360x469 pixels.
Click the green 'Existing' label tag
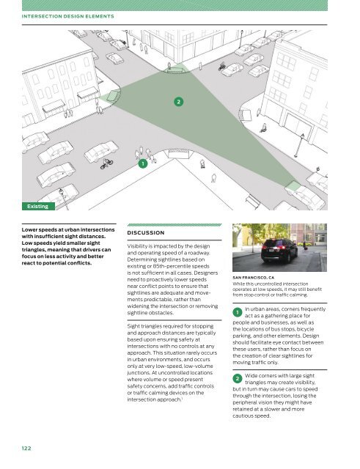click(38, 207)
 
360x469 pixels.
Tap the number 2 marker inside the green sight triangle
click(179, 102)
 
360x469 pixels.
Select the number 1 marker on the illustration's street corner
click(143, 163)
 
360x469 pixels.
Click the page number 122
click(26, 448)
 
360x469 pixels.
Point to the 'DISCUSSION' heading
click(146, 233)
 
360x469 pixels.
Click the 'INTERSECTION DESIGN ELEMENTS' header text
click(68, 16)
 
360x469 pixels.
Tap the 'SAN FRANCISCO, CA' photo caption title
click(254, 278)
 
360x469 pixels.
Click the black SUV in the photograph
click(279, 251)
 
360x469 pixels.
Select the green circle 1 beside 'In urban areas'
click(238, 313)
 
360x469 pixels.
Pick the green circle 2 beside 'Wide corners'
click(238, 379)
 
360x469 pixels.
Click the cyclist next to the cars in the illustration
click(106, 163)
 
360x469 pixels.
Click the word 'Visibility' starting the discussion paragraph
click(137, 246)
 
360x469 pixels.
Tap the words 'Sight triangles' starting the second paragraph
click(143, 326)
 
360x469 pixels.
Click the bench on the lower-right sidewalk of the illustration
click(253, 201)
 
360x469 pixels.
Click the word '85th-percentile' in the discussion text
click(169, 266)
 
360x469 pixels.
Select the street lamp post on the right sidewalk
click(299, 146)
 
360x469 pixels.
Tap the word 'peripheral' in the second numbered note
click(246, 402)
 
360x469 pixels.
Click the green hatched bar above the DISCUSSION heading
click(175, 225)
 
